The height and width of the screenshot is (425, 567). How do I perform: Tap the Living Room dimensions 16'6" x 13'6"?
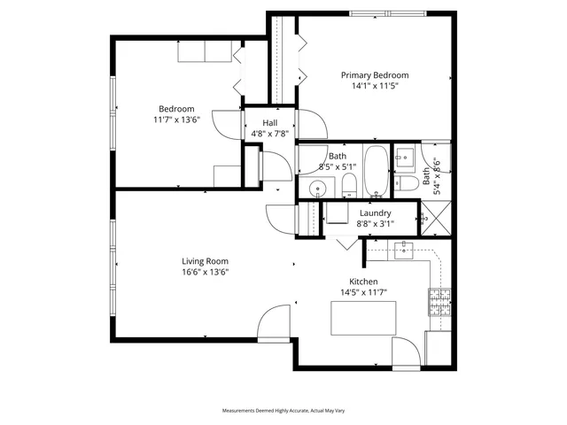click(205, 273)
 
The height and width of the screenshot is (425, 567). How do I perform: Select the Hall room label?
click(268, 123)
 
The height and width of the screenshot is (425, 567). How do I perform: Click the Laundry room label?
click(376, 212)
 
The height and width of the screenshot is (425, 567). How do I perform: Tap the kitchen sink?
click(403, 249)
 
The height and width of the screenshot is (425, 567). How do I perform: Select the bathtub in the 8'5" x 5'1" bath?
click(376, 172)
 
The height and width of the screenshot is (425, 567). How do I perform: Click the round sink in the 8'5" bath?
click(317, 189)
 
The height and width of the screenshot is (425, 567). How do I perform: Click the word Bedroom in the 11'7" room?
click(176, 109)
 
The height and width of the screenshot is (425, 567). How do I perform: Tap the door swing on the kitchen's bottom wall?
click(407, 353)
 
